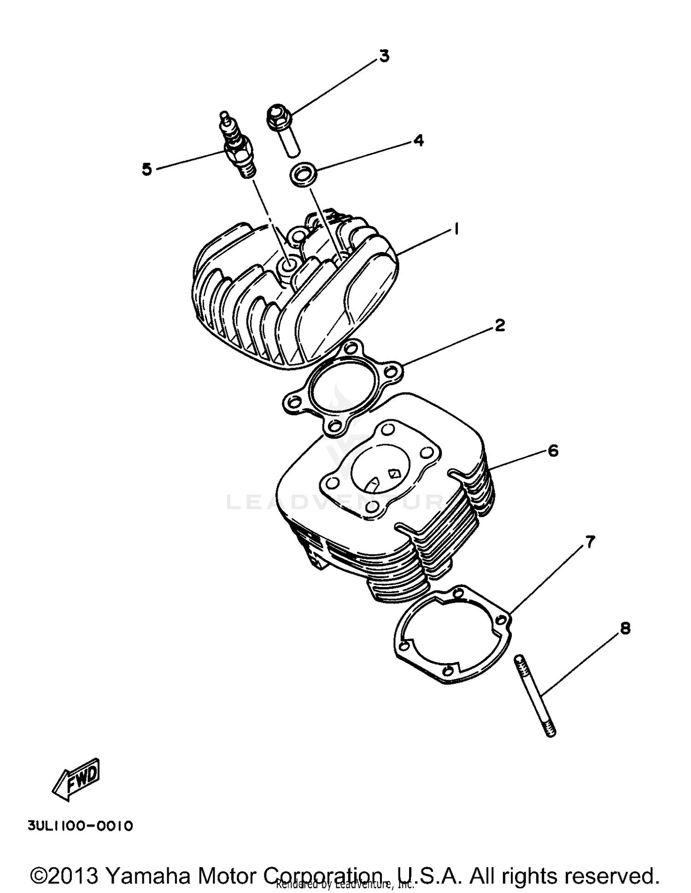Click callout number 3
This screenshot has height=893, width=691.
coord(384,56)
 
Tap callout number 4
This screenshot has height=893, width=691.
coord(418,140)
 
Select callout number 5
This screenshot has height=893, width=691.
coord(146,170)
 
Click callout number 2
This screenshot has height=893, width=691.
coord(499,325)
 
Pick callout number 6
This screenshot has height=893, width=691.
coord(552,450)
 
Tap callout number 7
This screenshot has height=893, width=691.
coord(590,542)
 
